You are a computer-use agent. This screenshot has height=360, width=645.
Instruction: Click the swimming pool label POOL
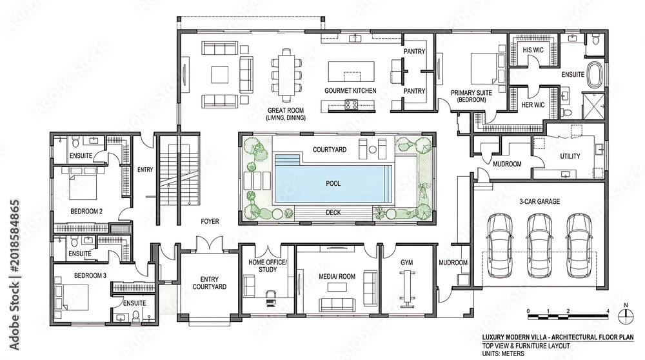pyautogui.click(x=333, y=183)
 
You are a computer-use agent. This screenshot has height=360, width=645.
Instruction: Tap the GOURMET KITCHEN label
pyautogui.click(x=350, y=90)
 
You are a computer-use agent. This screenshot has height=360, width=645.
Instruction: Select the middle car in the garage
pyautogui.click(x=539, y=245)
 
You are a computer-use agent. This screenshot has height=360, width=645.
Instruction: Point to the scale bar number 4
pyautogui.click(x=608, y=310)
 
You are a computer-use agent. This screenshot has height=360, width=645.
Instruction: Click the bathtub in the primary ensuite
pyautogui.click(x=595, y=74)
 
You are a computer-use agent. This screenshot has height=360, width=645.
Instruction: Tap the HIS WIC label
pyautogui.click(x=533, y=50)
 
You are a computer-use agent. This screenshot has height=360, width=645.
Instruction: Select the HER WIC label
pyautogui.click(x=533, y=105)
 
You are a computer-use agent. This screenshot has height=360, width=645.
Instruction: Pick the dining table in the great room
pyautogui.click(x=286, y=75)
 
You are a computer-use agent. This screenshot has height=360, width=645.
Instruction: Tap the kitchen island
pyautogui.click(x=352, y=72)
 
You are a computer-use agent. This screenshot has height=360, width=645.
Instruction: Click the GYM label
pyautogui.click(x=406, y=263)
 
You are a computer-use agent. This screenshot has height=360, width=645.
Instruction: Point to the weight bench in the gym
pyautogui.click(x=407, y=288)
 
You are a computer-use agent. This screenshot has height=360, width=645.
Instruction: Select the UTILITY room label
pyautogui.click(x=570, y=156)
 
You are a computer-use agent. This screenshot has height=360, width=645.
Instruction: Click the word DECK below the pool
pyautogui.click(x=333, y=212)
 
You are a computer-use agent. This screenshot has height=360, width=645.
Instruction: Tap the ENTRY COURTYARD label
pyautogui.click(x=210, y=283)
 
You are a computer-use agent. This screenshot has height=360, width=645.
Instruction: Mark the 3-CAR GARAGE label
pyautogui.click(x=539, y=201)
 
